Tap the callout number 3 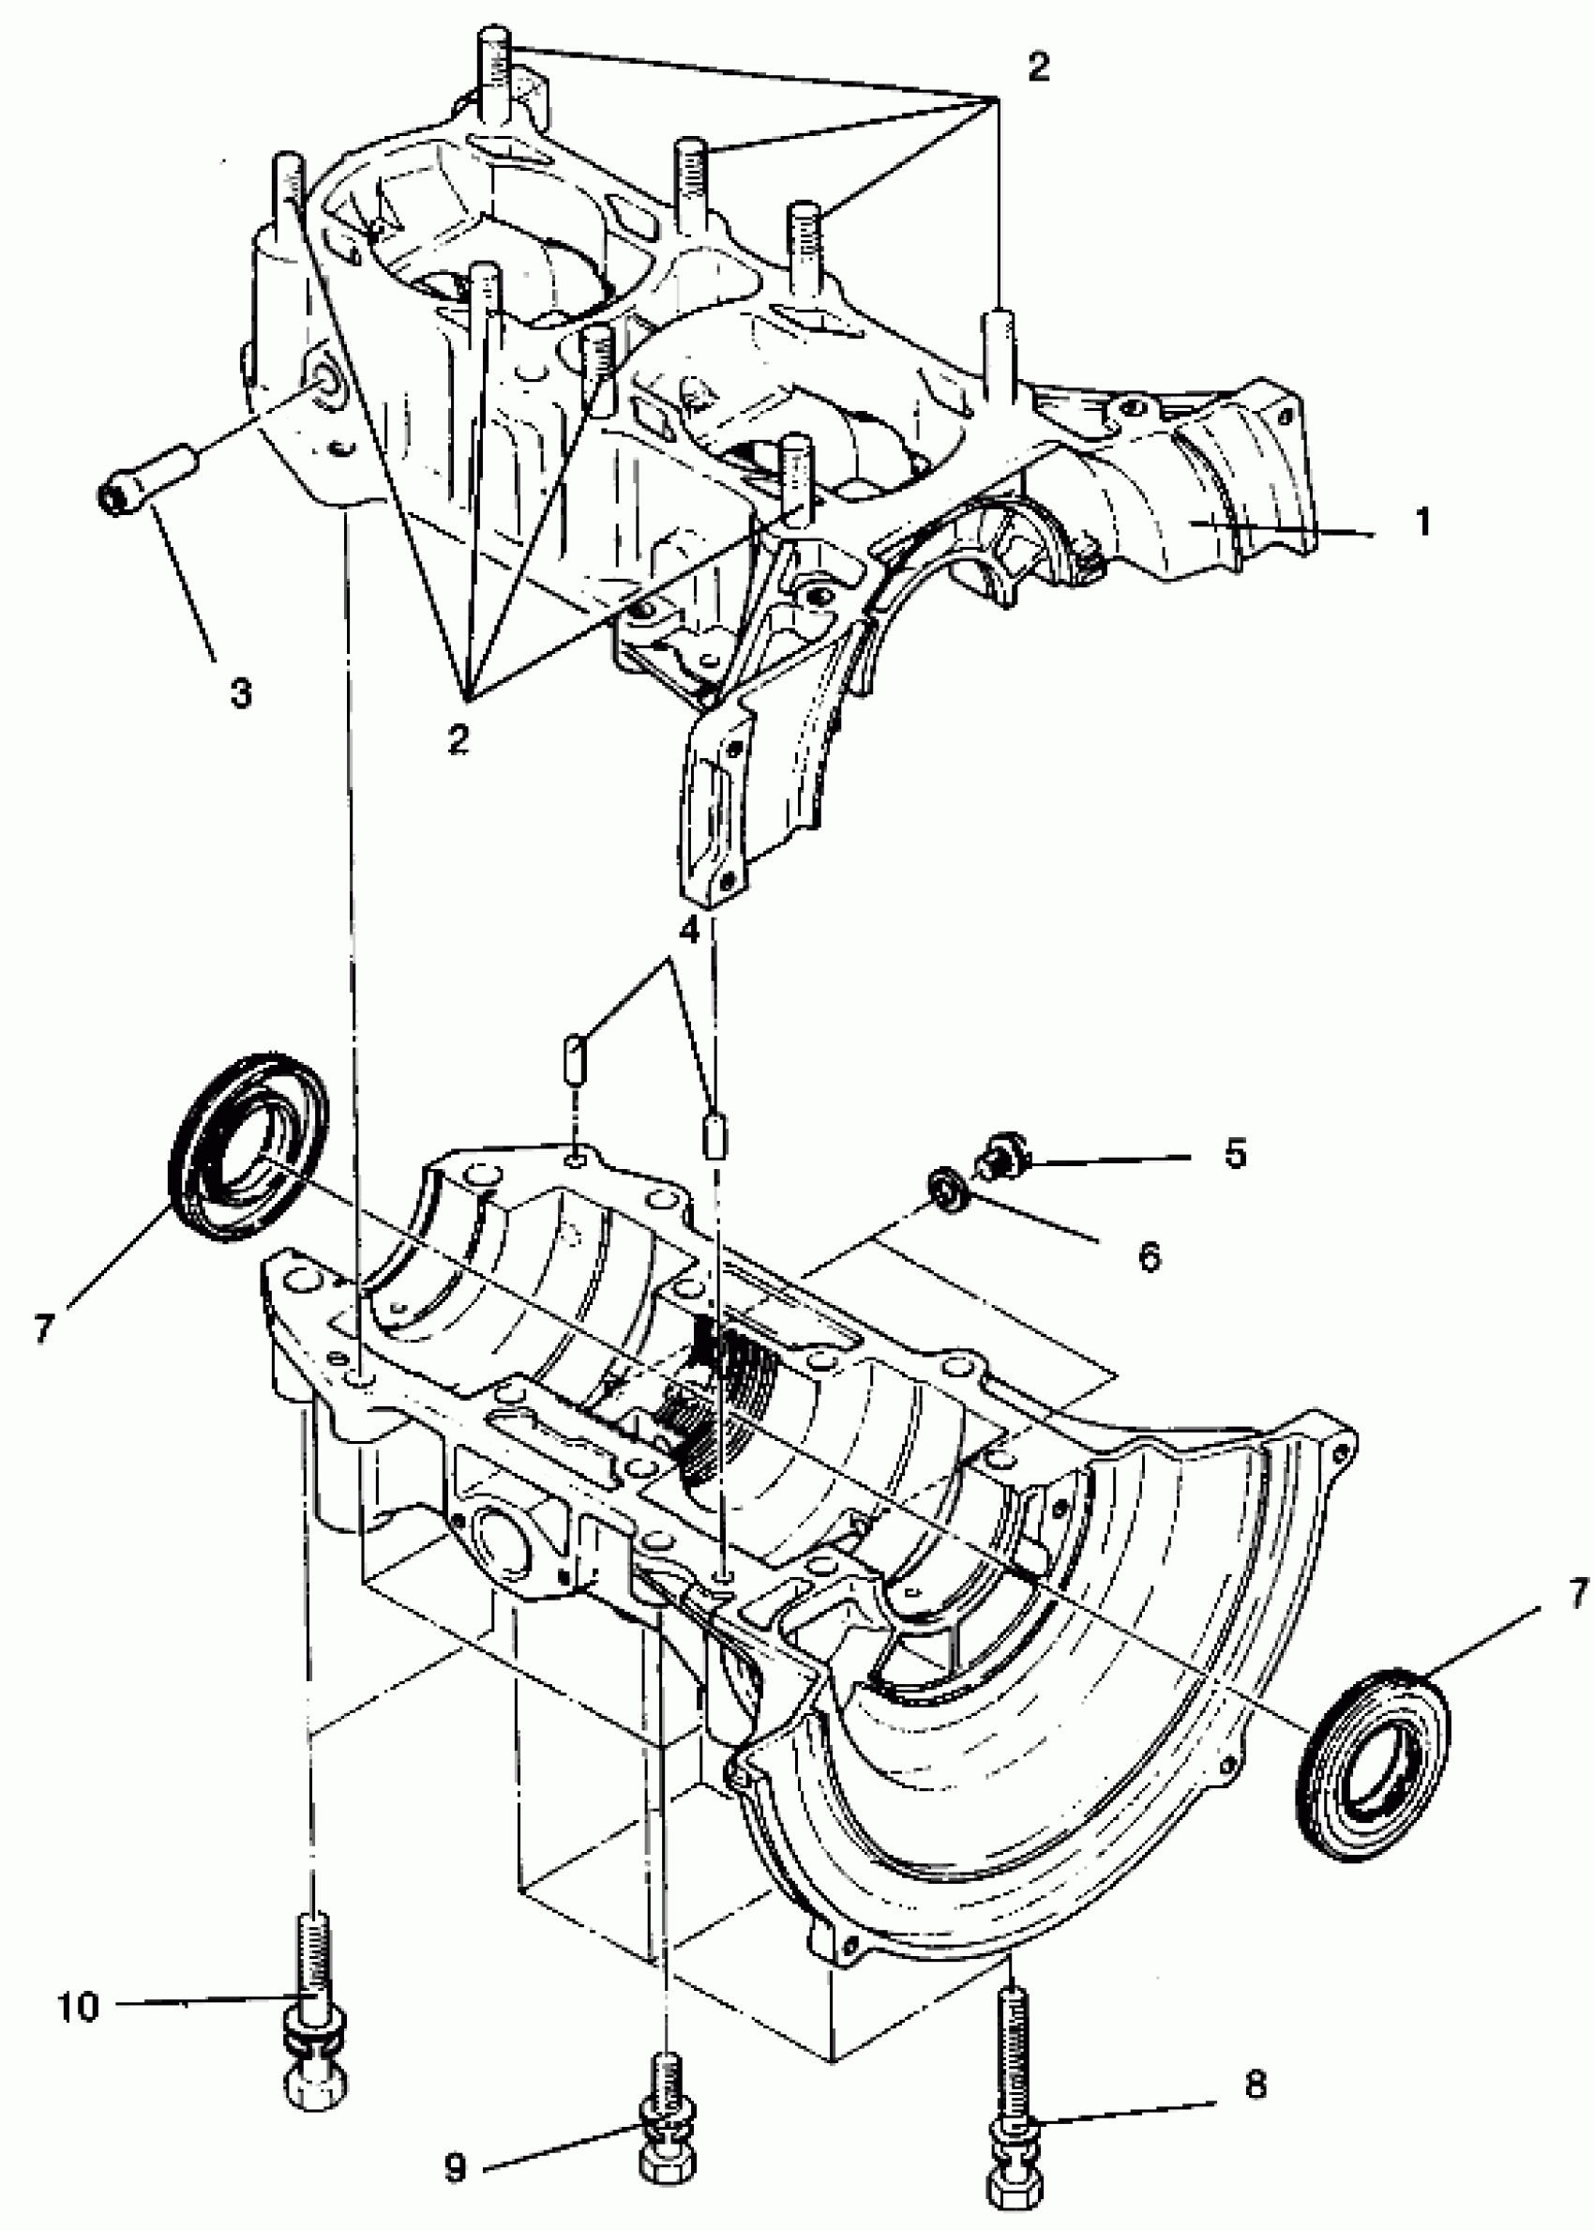point(239,692)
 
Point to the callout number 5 point(1235,1154)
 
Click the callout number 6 point(1149,1256)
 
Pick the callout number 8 point(1256,2080)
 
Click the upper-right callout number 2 point(1037,67)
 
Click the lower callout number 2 point(458,737)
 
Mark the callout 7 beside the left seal point(42,1328)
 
